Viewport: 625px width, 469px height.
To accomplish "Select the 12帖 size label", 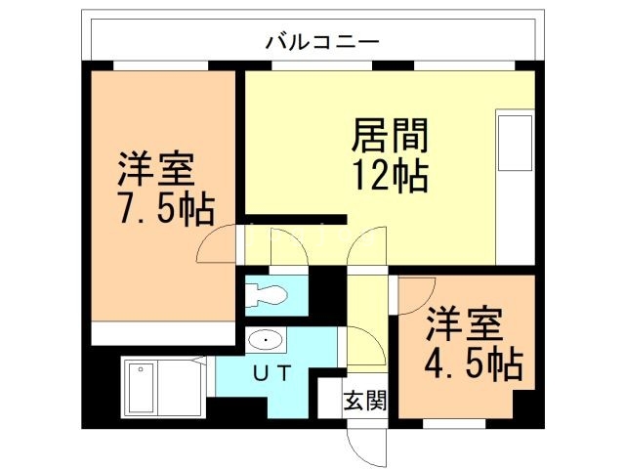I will click(389, 176).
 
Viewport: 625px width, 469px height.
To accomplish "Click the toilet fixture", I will click(264, 294).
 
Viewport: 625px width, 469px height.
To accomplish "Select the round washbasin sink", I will click(265, 340).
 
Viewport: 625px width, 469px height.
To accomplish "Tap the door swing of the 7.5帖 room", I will click(217, 244).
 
